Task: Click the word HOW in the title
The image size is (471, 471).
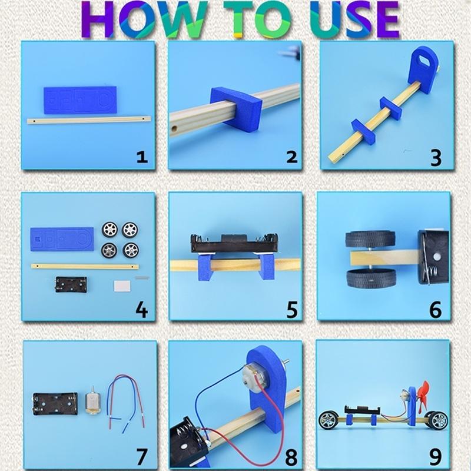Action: tap(144, 19)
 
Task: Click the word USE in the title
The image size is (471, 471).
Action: tap(355, 19)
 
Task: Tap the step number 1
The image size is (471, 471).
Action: tap(142, 157)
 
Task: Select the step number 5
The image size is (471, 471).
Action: tap(292, 310)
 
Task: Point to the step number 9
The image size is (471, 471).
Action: tap(435, 457)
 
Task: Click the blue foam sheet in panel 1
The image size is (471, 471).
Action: tap(80, 100)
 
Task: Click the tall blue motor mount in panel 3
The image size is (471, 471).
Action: tap(423, 69)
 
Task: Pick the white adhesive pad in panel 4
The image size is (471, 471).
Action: tap(122, 286)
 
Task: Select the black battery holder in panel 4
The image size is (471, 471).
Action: tap(71, 284)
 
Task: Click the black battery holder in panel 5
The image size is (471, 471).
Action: tap(234, 243)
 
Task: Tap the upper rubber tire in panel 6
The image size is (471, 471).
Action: tap(370, 239)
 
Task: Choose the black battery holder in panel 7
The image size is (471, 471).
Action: tap(55, 404)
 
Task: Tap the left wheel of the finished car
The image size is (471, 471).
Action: tap(329, 420)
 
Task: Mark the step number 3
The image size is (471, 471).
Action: tap(436, 158)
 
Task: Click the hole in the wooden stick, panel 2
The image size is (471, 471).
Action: tap(174, 129)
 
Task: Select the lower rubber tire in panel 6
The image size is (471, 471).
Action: tap(371, 278)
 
